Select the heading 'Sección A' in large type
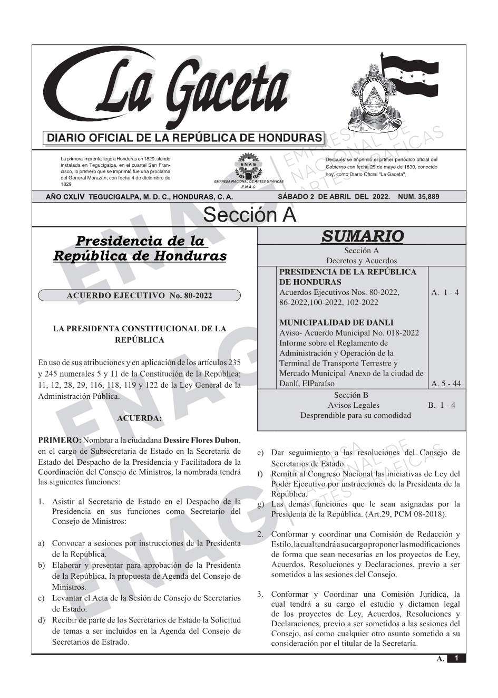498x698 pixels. click(x=250, y=215)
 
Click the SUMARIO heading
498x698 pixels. click(x=362, y=236)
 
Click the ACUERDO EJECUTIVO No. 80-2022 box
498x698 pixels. click(x=139, y=295)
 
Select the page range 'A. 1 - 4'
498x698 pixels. click(x=445, y=292)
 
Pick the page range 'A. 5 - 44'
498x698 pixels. click(x=445, y=384)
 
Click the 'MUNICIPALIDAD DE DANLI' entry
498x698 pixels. click(x=336, y=322)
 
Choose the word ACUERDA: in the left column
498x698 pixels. click(x=139, y=418)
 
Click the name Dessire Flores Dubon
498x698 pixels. click(x=201, y=441)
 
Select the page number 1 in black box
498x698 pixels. click(x=456, y=658)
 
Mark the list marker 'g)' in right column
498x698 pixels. click(x=260, y=504)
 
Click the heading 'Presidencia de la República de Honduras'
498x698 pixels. click(x=140, y=249)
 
